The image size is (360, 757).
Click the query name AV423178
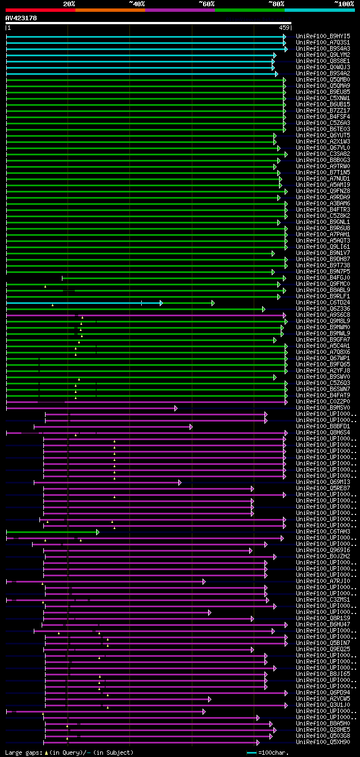(x=21, y=18)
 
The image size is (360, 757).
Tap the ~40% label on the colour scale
(x=137, y=4)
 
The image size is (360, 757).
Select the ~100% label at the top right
(x=344, y=4)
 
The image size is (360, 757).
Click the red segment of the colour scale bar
(x=40, y=10)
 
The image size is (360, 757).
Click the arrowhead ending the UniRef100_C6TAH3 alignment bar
(x=97, y=531)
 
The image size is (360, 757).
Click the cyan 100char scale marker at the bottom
(x=251, y=752)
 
